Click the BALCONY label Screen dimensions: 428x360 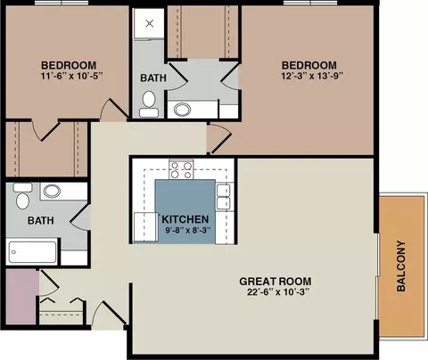[x=401, y=266]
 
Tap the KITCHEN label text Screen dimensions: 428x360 [x=185, y=219]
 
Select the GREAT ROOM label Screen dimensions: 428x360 [x=276, y=282]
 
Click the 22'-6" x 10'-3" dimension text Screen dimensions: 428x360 [x=278, y=292]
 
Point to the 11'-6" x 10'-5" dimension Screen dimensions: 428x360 [x=71, y=76]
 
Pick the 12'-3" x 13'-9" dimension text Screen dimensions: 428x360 [x=312, y=76]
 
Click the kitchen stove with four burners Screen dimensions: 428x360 [x=181, y=169]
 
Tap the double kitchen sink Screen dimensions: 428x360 [x=224, y=197]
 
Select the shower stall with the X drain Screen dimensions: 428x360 [x=149, y=23]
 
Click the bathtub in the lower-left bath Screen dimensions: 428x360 [x=33, y=252]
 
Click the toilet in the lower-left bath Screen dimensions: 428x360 [x=22, y=196]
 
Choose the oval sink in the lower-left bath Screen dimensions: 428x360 [x=52, y=191]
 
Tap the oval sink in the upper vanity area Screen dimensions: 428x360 [x=182, y=110]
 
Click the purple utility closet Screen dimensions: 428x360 [x=22, y=297]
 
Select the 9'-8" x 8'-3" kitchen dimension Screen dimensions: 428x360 [x=188, y=230]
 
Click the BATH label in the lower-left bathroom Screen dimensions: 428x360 [x=41, y=220]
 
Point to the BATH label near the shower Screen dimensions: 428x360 [x=153, y=78]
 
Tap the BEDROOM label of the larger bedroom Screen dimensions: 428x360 [x=309, y=65]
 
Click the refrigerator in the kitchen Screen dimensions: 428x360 [x=146, y=226]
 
